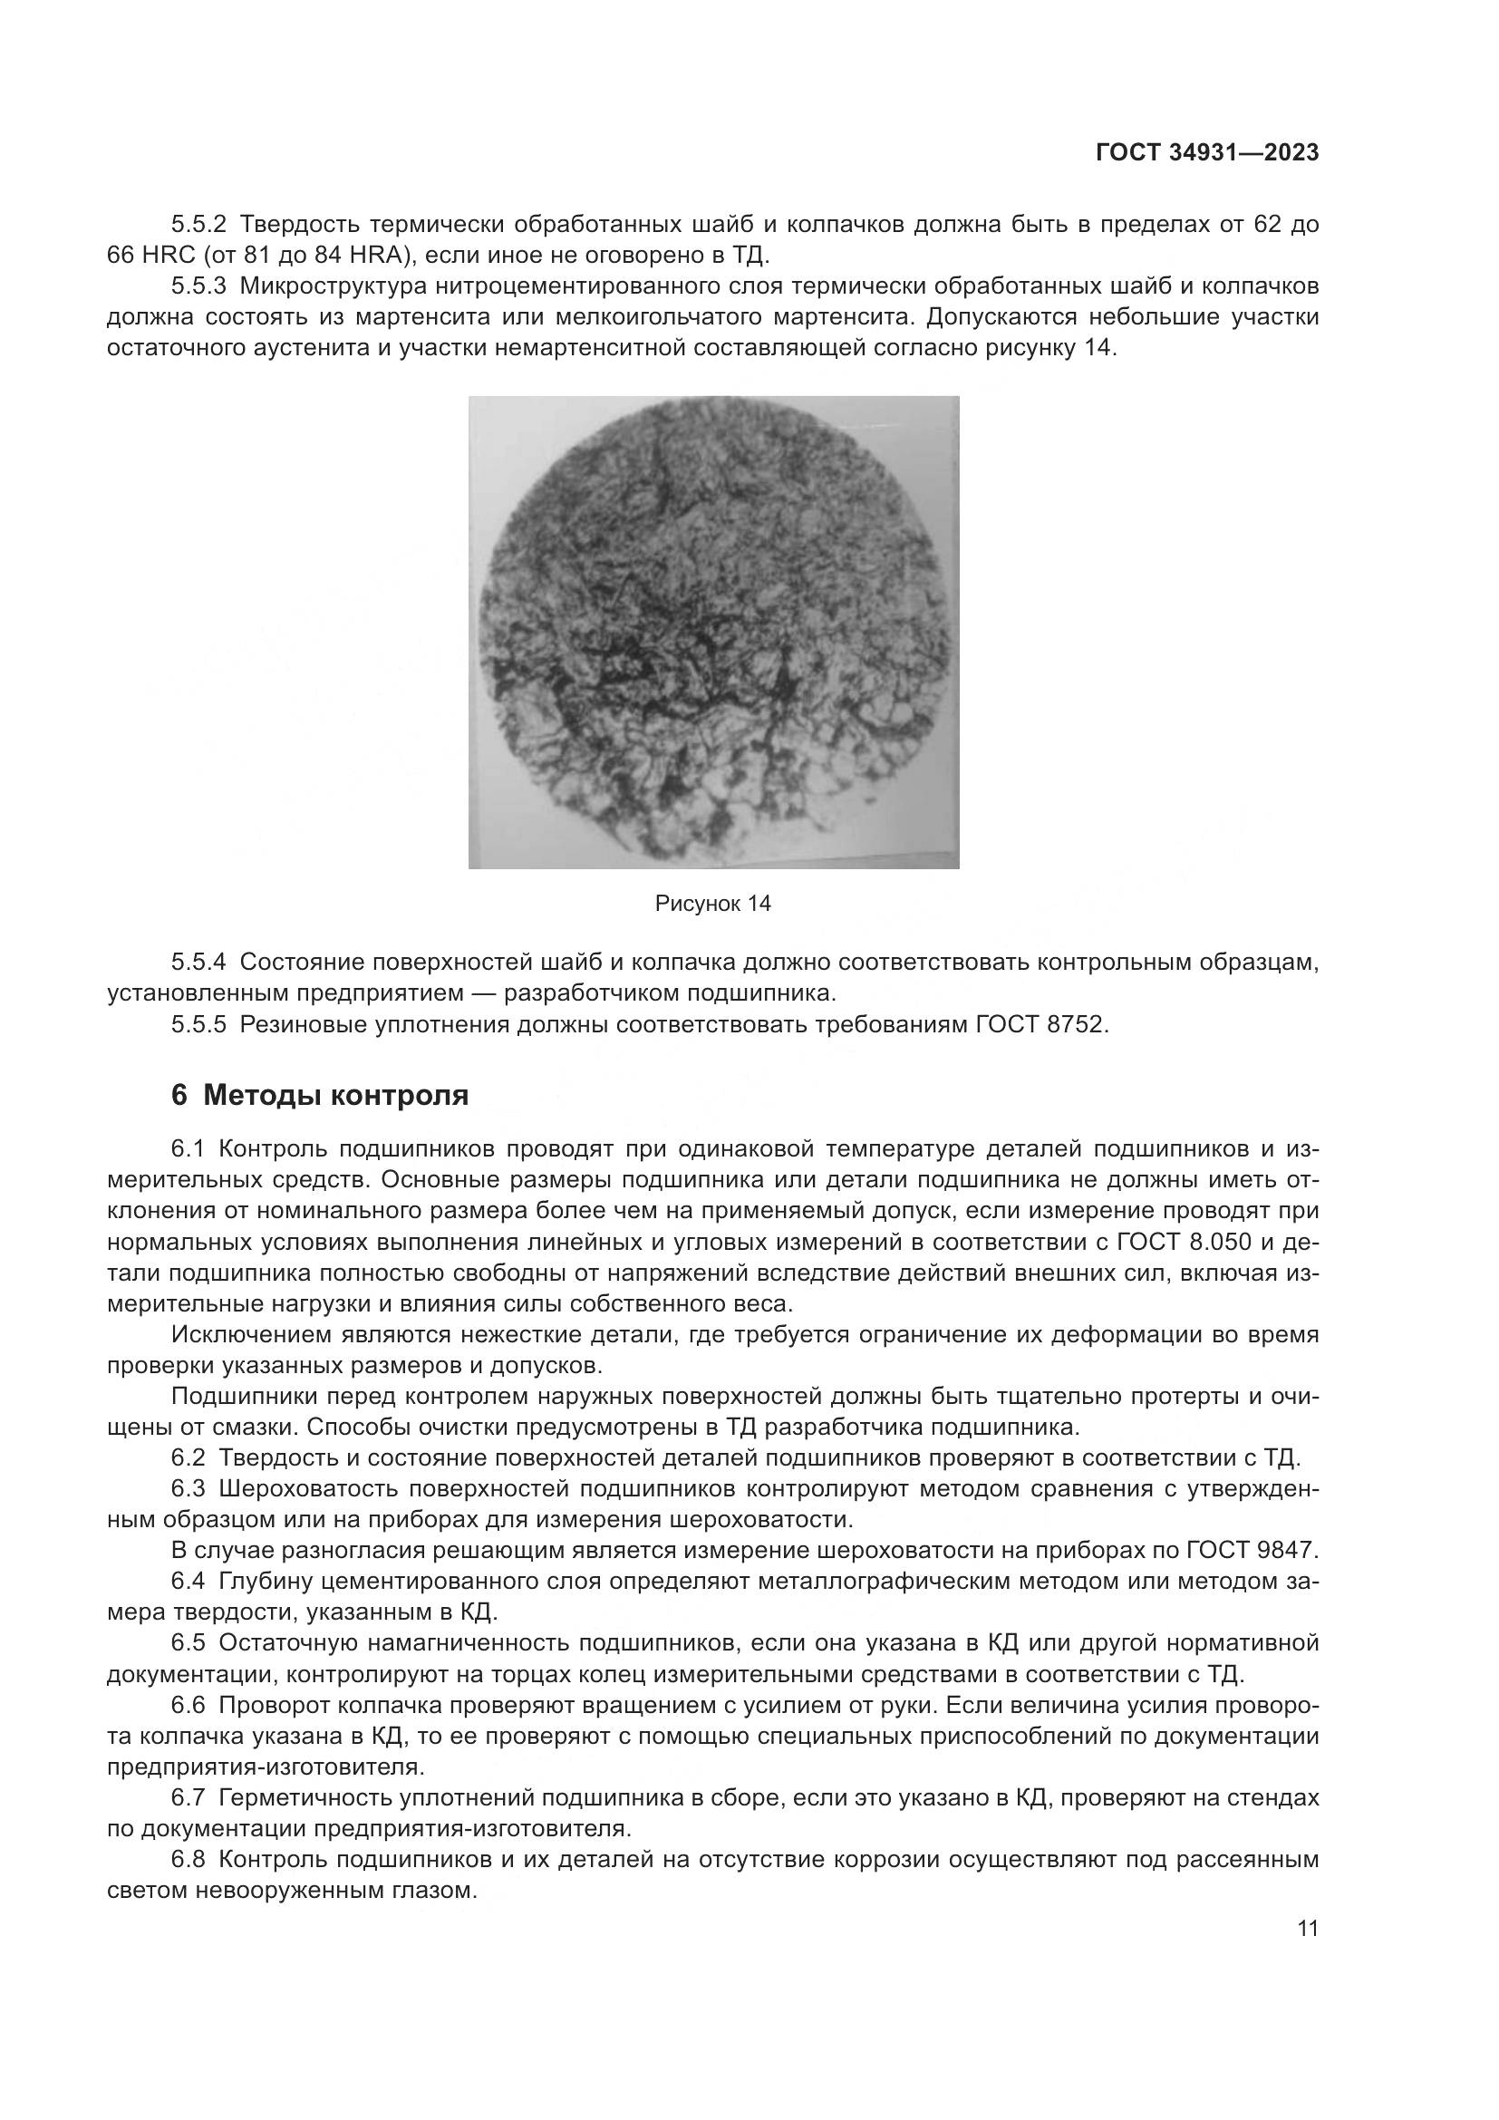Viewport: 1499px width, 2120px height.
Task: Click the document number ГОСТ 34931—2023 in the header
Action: coord(1207,154)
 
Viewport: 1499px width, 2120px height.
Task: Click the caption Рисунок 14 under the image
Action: coord(712,904)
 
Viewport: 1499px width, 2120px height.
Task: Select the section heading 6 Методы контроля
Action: coord(320,1095)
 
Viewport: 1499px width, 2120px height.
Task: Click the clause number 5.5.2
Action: coord(198,225)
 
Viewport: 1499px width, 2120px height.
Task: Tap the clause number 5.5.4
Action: coord(198,963)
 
